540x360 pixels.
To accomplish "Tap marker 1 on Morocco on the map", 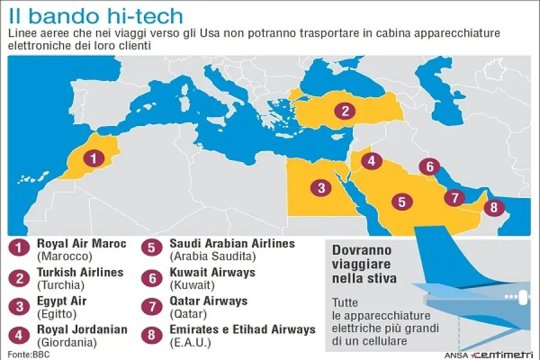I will (x=93, y=158).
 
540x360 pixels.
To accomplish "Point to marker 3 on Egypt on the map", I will (x=321, y=188).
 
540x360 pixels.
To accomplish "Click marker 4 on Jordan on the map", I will (x=372, y=161).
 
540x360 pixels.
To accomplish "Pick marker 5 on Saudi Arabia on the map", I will (x=401, y=202).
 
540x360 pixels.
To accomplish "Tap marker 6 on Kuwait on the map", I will (x=430, y=166).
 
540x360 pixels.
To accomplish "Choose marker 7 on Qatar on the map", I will (x=455, y=197).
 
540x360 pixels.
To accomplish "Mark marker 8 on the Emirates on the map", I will (x=494, y=208).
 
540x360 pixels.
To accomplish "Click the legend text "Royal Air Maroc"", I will (x=82, y=244).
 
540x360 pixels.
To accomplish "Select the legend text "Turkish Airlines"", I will (x=80, y=272).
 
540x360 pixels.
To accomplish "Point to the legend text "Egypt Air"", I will (x=62, y=301).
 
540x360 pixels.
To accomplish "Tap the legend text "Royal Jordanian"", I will (x=82, y=329).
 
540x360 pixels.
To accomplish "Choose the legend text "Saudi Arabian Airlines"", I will (x=232, y=244).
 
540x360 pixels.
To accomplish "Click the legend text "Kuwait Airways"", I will (x=212, y=272).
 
